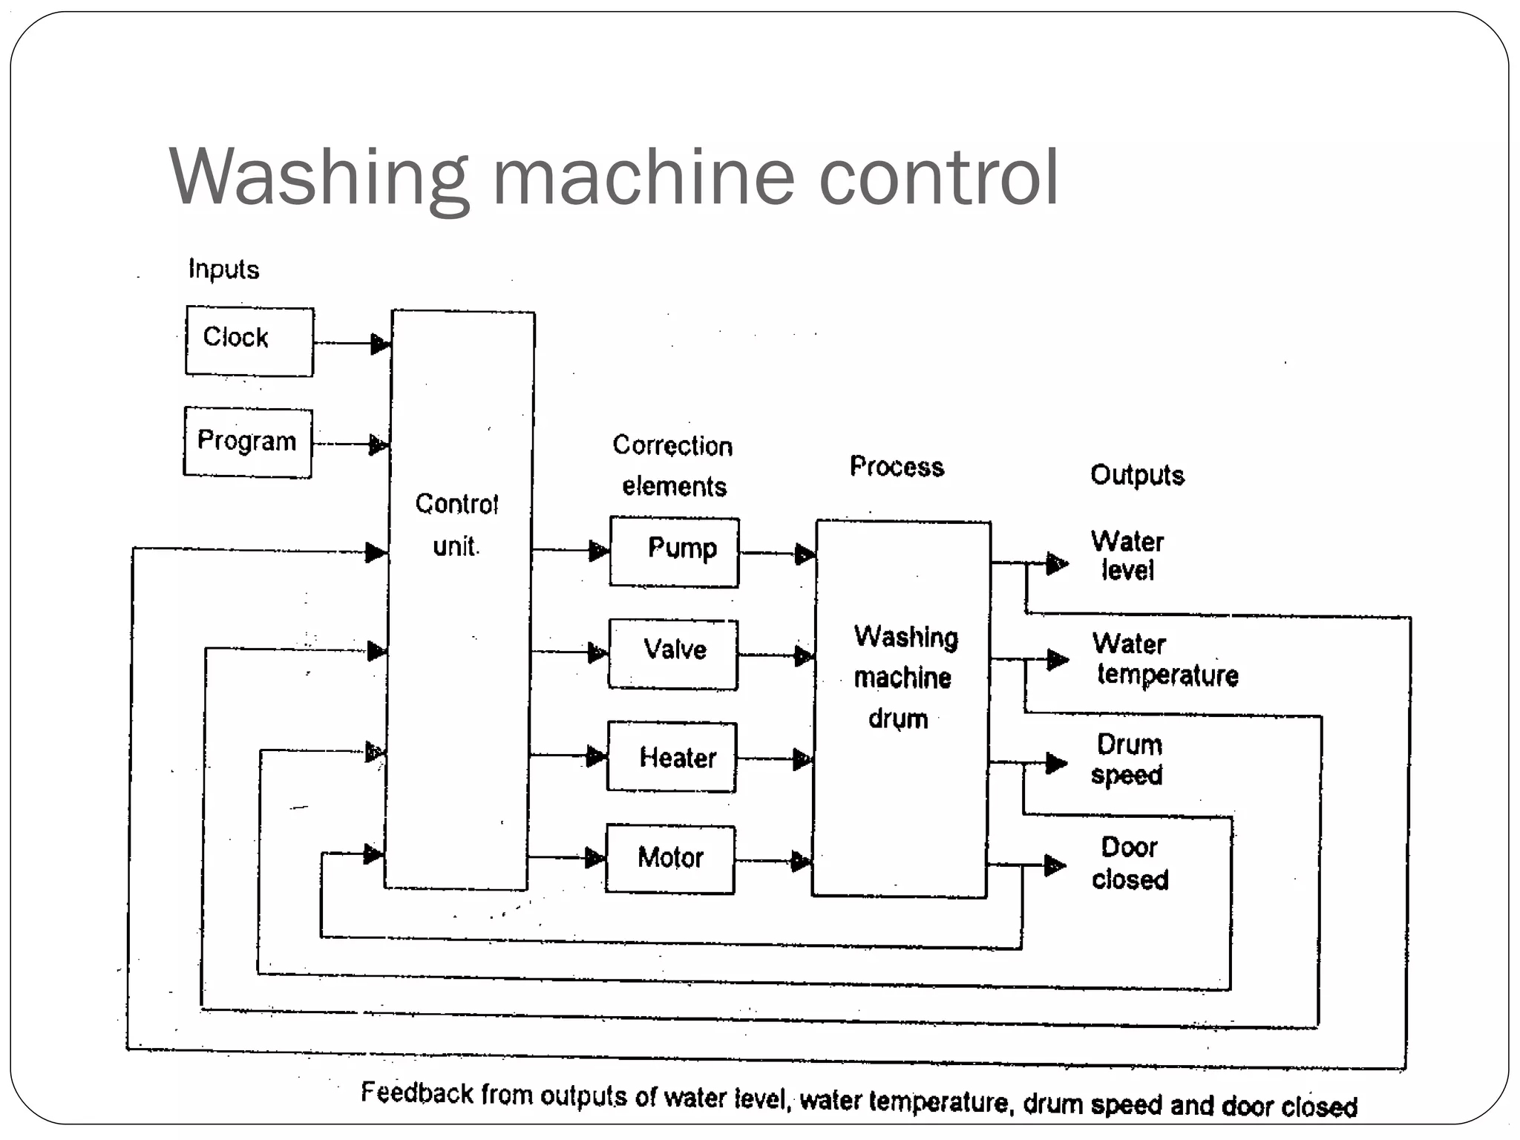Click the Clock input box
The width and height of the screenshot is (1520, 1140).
tap(249, 341)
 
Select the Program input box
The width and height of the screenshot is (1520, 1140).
tap(248, 442)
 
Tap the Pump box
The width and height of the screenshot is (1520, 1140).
tap(674, 552)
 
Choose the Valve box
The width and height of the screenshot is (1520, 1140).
tap(673, 654)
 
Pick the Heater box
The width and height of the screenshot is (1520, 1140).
tap(672, 757)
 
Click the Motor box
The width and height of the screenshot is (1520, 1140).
tap(670, 859)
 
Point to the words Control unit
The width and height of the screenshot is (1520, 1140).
tap(456, 525)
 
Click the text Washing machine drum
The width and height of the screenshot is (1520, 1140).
tap(904, 678)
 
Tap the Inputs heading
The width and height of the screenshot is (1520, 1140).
tap(223, 269)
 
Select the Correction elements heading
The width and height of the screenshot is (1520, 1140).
tap(673, 465)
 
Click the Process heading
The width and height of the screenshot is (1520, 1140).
tap(897, 467)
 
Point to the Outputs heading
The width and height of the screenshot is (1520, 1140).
tap(1137, 475)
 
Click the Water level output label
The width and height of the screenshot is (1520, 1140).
tap(1127, 556)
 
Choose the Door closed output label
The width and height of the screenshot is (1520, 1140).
tap(1130, 863)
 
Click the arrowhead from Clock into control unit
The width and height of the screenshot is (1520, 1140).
tap(380, 344)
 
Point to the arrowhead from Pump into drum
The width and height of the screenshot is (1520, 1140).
tap(805, 554)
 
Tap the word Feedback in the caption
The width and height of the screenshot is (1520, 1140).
tap(417, 1092)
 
